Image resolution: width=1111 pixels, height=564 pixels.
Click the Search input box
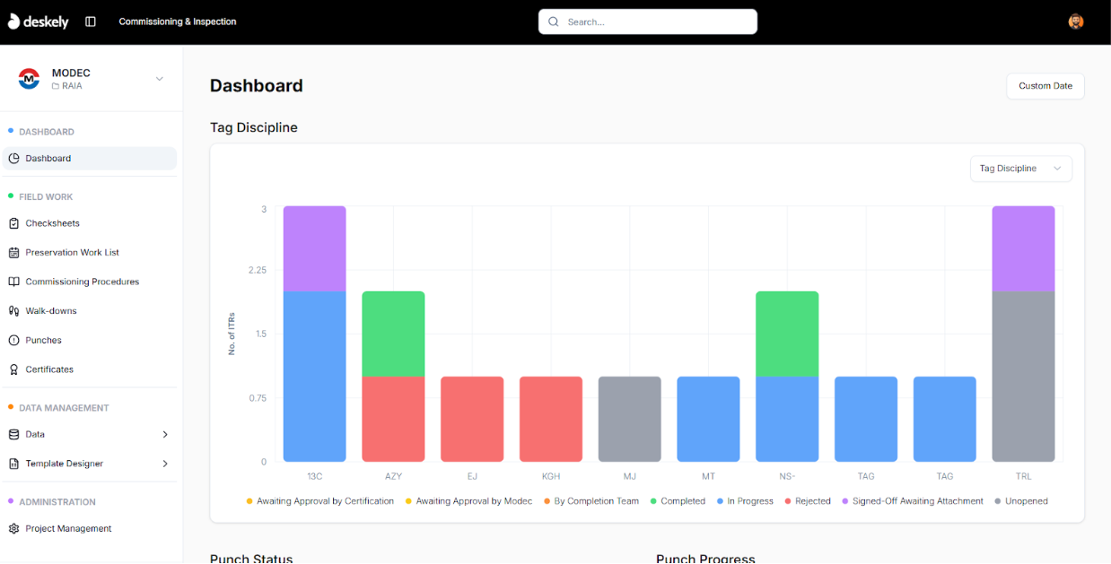648,22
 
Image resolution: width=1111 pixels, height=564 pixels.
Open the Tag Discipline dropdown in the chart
1020,169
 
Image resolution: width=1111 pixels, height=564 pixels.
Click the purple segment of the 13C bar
314,248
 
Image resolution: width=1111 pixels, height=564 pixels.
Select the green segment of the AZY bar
393,334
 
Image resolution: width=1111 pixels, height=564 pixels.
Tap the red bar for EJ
472,419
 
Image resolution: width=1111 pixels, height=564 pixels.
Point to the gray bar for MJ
630,419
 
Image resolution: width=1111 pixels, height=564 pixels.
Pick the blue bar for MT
708,419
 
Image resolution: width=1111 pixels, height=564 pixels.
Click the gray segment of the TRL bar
1023,377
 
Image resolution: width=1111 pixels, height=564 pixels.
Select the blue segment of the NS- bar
787,419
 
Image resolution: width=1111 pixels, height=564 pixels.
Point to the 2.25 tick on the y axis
258,270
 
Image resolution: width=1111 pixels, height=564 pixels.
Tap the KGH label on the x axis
551,476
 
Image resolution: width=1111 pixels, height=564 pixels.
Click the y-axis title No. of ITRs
232,334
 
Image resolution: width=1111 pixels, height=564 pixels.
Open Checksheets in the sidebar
52,223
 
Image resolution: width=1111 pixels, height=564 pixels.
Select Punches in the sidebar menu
43,340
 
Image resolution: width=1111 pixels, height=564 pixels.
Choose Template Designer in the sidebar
64,464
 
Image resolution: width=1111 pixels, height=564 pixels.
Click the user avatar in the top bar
1076,22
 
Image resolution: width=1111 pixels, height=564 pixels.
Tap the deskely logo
39,22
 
